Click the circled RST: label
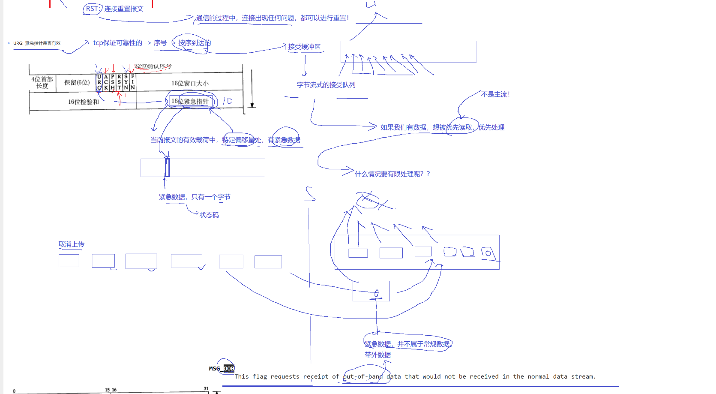coord(93,9)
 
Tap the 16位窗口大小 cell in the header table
coord(190,83)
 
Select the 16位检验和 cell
coord(83,102)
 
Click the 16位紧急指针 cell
coord(190,101)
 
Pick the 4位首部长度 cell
coord(42,82)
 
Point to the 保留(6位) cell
coord(77,82)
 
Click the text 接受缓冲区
coord(304,47)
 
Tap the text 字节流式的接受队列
coord(326,85)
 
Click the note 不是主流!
coord(495,94)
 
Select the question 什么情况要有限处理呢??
coord(392,174)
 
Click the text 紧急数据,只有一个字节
coord(195,197)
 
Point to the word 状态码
coord(209,215)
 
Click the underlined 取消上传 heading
coord(71,244)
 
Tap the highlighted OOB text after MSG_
coord(229,368)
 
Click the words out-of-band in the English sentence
coord(363,376)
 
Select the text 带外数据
coord(377,355)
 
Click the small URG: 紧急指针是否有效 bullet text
coord(37,43)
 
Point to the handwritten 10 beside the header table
coord(228,101)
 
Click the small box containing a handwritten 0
coord(371,292)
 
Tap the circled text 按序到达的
coord(194,43)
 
